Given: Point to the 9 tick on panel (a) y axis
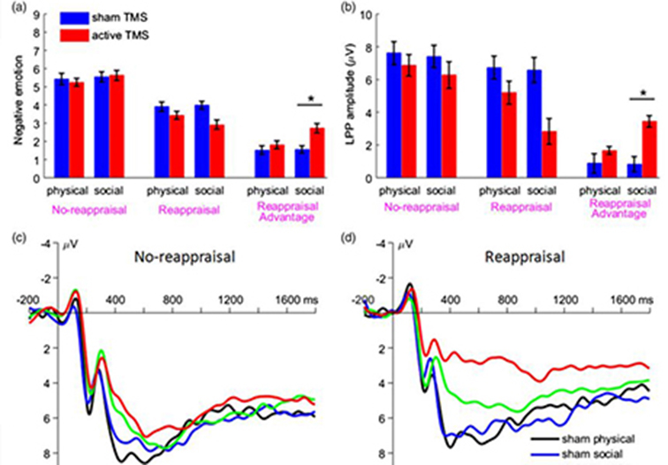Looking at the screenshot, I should (x=35, y=15).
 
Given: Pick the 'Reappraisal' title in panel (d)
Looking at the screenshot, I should (x=515, y=257).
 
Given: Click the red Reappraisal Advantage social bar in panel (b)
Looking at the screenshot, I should (x=649, y=149).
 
